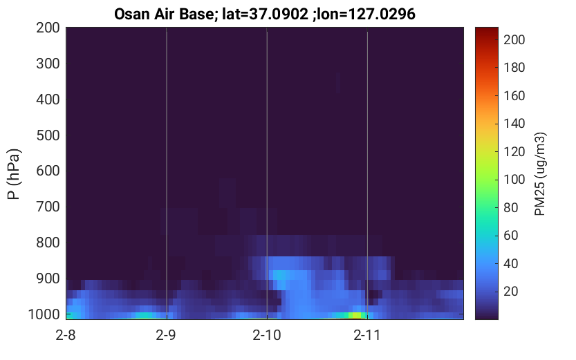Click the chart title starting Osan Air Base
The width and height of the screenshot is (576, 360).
(x=264, y=15)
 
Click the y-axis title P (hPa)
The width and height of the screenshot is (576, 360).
(x=14, y=174)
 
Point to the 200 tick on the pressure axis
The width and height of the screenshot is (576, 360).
(x=48, y=28)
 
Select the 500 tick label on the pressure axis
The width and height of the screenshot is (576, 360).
(x=48, y=135)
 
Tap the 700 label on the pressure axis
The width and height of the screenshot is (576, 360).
(x=48, y=207)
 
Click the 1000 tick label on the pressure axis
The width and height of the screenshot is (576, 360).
(x=44, y=314)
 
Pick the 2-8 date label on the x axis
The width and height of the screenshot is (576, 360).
(x=66, y=335)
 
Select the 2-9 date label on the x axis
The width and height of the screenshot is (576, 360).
(x=166, y=335)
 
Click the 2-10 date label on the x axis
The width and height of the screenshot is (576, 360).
(x=267, y=335)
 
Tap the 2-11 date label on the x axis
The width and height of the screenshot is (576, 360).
(x=367, y=335)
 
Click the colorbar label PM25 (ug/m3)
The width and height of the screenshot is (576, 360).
(x=540, y=174)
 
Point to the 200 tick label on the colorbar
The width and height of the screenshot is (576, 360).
(x=514, y=39)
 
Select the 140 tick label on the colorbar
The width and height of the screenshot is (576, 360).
(x=514, y=124)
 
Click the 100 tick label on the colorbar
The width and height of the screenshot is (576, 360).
(x=514, y=180)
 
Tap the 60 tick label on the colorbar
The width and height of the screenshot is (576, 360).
(x=510, y=235)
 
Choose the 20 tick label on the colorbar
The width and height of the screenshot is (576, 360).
(x=510, y=292)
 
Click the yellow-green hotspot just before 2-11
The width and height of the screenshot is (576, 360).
(x=355, y=315)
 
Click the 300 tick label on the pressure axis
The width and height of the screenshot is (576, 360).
(x=48, y=64)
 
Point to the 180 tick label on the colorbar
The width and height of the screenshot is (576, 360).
(x=514, y=68)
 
